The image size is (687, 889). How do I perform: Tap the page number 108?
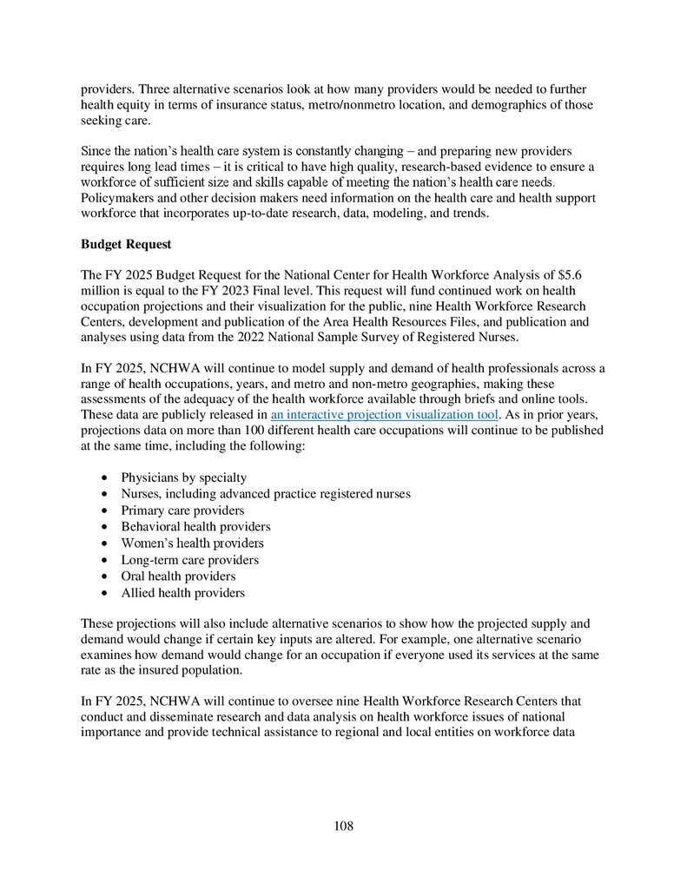tap(343, 826)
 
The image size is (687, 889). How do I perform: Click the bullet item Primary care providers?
tap(182, 510)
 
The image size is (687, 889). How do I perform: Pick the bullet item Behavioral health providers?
tap(195, 527)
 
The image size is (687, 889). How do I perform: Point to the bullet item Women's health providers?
tap(192, 543)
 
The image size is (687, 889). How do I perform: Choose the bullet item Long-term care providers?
tap(189, 560)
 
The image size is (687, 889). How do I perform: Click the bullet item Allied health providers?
tap(182, 593)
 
